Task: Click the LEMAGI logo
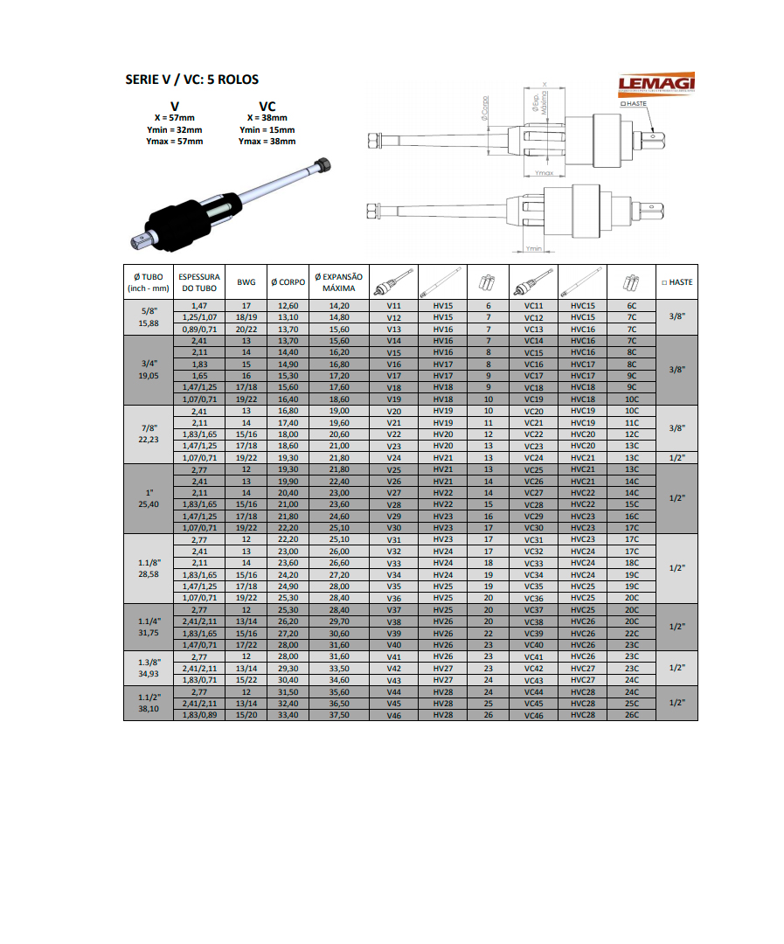point(656,84)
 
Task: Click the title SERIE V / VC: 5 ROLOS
point(192,80)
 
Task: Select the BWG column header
point(246,282)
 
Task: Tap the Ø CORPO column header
point(288,282)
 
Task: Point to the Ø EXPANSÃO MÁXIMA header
point(338,282)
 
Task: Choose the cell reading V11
point(393,306)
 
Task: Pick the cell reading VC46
point(534,715)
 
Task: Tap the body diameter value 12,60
point(288,306)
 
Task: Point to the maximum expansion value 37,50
point(338,715)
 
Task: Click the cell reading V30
point(393,528)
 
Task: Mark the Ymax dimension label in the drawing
point(545,173)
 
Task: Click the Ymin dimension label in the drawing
point(534,249)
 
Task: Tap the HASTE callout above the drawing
point(635,103)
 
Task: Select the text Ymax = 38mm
point(267,142)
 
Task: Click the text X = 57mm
point(175,118)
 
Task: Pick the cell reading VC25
point(534,469)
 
